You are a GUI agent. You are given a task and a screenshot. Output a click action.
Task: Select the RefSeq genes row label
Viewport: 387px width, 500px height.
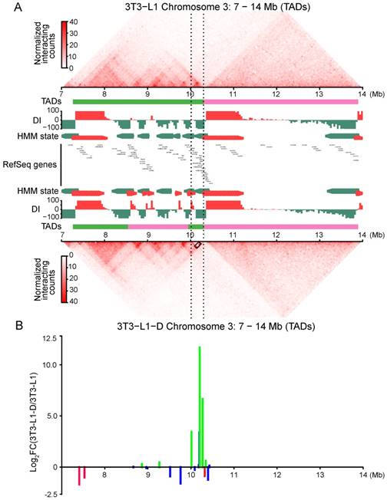point(32,164)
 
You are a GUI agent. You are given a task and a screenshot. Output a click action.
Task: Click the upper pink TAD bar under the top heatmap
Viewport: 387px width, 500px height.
point(281,101)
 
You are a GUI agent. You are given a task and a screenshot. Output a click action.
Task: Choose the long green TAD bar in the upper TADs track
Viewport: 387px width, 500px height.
point(138,101)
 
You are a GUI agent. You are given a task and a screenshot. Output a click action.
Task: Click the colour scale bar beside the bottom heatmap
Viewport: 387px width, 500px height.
point(64,278)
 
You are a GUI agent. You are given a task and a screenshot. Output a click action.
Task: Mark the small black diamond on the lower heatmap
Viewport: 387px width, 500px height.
point(197,245)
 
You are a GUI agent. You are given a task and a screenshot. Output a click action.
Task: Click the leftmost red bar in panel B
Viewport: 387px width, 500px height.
point(79,475)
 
